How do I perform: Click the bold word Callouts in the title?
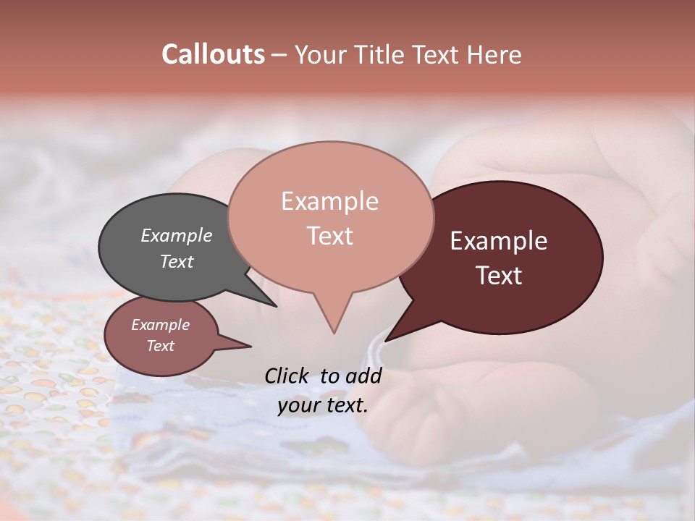(x=213, y=54)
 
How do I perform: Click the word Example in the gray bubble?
(x=177, y=235)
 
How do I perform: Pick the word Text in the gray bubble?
(x=177, y=261)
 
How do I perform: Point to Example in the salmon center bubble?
(x=329, y=200)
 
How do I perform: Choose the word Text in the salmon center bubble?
(x=329, y=235)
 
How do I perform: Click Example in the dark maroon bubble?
(x=499, y=241)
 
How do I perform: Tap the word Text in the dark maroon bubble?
(x=499, y=276)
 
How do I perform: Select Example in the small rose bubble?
(x=160, y=325)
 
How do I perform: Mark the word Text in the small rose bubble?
(x=160, y=346)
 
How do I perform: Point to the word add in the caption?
(x=363, y=376)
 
